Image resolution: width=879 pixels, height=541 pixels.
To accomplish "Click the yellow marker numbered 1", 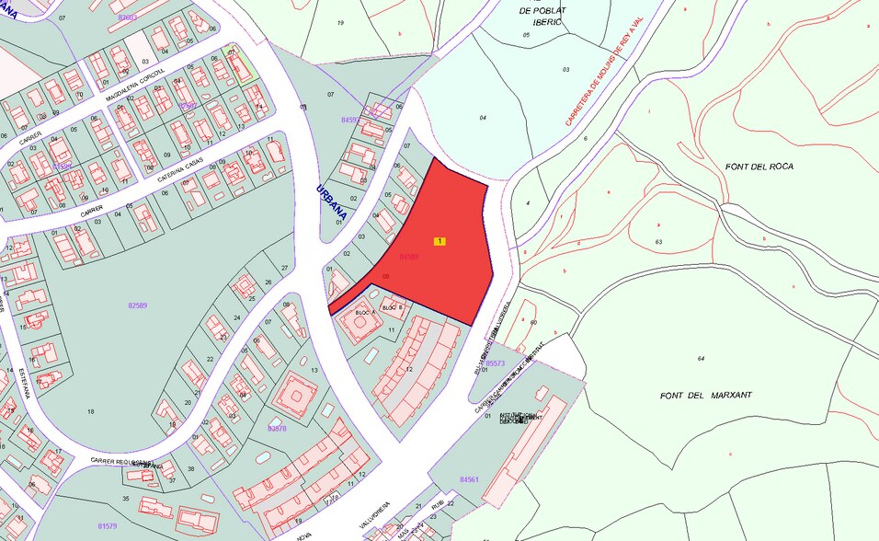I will click(440, 241).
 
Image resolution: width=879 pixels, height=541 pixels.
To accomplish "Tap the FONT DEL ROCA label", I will click(759, 167).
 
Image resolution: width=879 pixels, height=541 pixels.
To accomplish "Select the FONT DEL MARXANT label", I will click(706, 395).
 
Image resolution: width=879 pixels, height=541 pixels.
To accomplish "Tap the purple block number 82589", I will click(138, 304).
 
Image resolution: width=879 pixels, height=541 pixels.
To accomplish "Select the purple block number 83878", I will click(277, 429).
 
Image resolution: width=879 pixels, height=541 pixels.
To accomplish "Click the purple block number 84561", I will click(469, 479).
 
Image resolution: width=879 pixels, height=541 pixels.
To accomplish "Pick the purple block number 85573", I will click(495, 363).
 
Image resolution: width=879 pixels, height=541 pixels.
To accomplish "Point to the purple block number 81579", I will click(108, 525).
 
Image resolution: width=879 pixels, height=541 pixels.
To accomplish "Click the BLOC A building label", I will click(365, 314).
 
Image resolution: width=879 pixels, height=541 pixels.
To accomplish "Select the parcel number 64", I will click(700, 359).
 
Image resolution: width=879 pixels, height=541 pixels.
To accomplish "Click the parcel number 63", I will click(659, 241).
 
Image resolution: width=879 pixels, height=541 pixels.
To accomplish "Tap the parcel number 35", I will click(126, 498).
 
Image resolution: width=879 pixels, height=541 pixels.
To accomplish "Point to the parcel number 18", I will click(90, 410).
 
